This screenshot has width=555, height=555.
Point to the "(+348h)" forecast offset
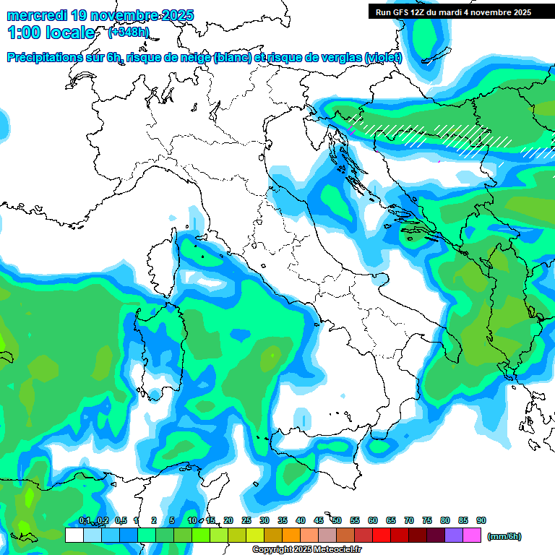pyautogui.click(x=128, y=32)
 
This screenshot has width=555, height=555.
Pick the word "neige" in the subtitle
pyautogui.click(x=195, y=58)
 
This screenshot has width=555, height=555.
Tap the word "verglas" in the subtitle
pyautogui.click(x=340, y=58)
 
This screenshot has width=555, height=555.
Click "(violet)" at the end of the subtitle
pyautogui.click(x=384, y=58)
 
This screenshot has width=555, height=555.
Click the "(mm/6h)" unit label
pyautogui.click(x=504, y=536)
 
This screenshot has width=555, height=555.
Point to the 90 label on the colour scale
pyautogui.click(x=481, y=520)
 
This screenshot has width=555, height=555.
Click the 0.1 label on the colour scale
pyautogui.click(x=84, y=520)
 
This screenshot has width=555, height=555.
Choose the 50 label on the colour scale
pyautogui.click(x=337, y=520)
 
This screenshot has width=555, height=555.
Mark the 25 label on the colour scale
pyautogui.click(x=246, y=520)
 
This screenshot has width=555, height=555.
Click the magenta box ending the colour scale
pyautogui.click(x=472, y=535)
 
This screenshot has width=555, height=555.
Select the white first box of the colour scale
pyautogui.click(x=74, y=535)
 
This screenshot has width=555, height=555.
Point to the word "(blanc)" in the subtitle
pyautogui.click(x=233, y=58)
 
